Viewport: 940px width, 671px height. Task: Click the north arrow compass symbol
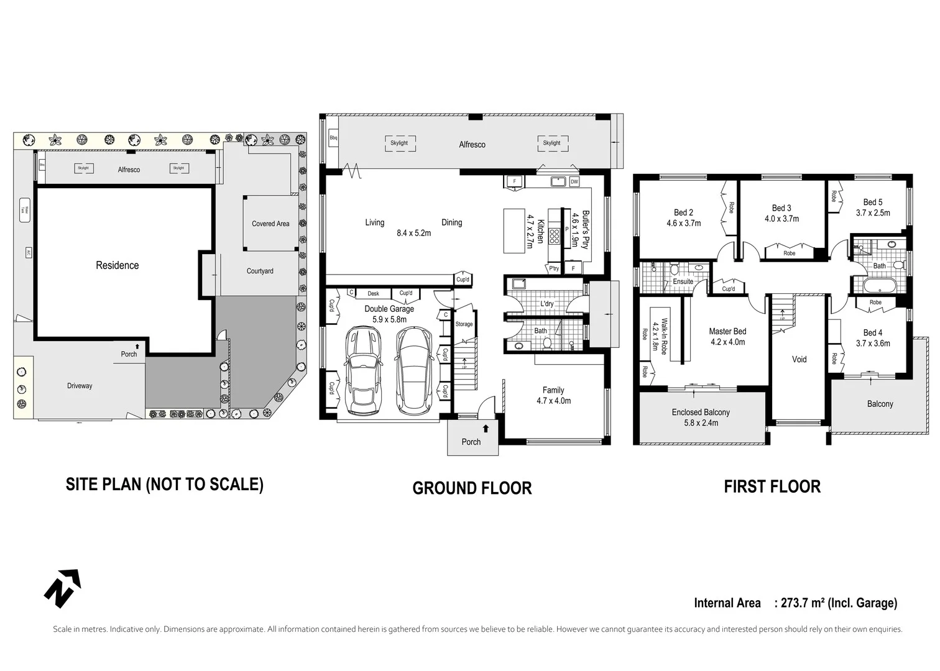62,588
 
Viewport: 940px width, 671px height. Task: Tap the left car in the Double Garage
363,371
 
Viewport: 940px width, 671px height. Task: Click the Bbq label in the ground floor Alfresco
333,138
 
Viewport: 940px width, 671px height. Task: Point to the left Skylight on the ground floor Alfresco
399,143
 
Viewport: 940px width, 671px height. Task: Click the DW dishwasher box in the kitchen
574,182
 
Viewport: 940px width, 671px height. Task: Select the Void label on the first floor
799,359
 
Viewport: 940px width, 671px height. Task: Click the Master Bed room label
727,331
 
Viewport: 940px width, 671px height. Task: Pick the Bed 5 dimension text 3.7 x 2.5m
873,213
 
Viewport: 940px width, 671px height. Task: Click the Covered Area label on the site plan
270,224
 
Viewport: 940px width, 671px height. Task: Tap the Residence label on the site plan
117,265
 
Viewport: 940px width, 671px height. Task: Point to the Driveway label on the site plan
80,386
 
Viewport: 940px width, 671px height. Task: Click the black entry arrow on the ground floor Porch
486,429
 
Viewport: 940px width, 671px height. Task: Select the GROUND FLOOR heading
472,488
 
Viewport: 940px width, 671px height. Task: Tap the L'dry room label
547,304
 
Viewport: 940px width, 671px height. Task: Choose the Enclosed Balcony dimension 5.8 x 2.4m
701,423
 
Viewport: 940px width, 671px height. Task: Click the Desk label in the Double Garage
373,294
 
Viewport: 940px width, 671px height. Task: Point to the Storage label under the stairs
464,324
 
